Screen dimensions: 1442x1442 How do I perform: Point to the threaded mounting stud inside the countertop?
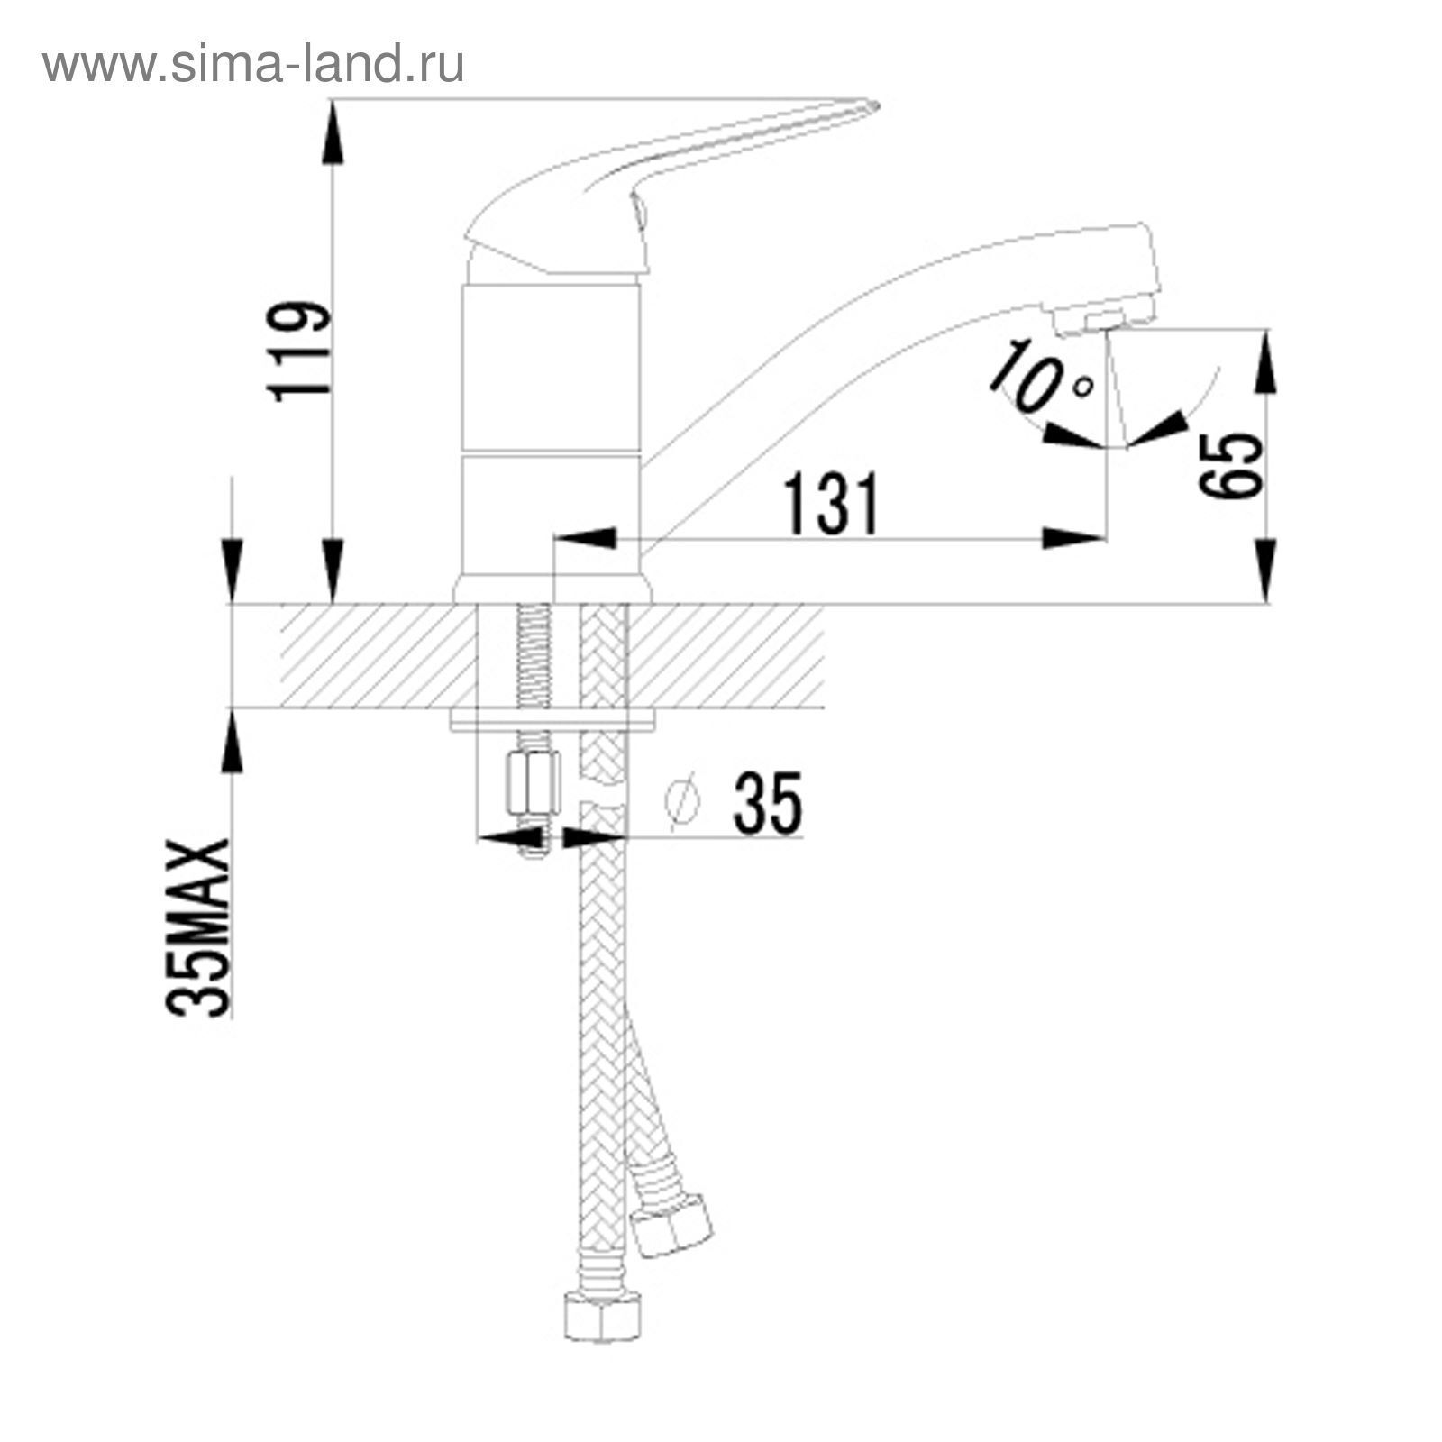(x=531, y=658)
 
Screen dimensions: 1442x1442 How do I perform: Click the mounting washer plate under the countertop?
(x=552, y=721)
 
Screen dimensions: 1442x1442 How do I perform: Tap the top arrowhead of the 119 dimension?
(x=333, y=132)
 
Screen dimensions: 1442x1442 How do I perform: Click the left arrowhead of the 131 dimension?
(x=586, y=538)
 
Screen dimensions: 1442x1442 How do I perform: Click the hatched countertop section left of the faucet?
(x=370, y=655)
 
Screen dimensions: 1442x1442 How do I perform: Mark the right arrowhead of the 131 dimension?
(x=1074, y=538)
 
